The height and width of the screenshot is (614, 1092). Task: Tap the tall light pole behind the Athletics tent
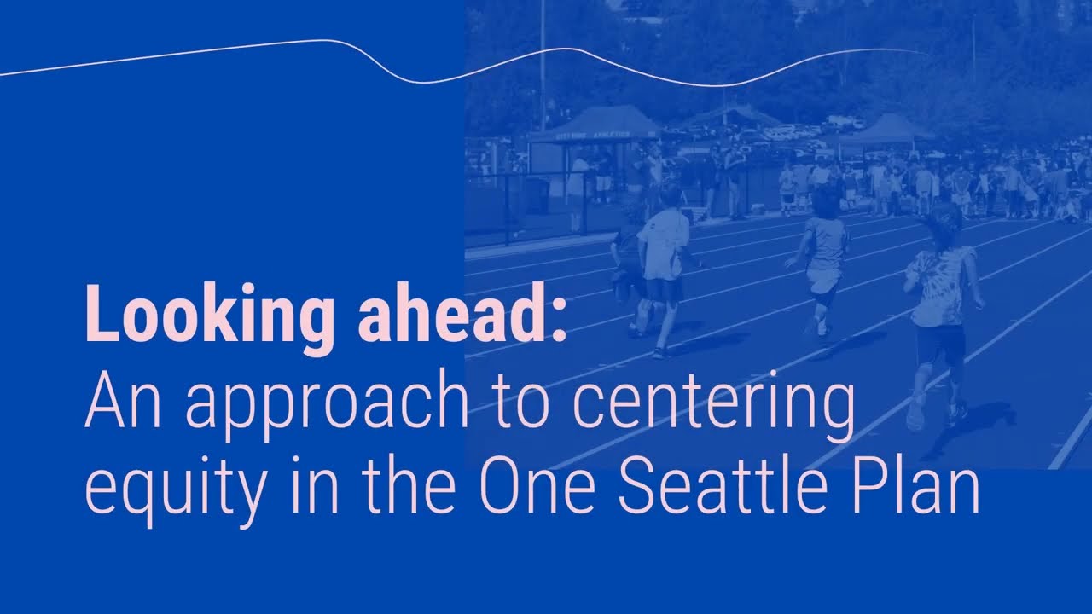click(x=543, y=60)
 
